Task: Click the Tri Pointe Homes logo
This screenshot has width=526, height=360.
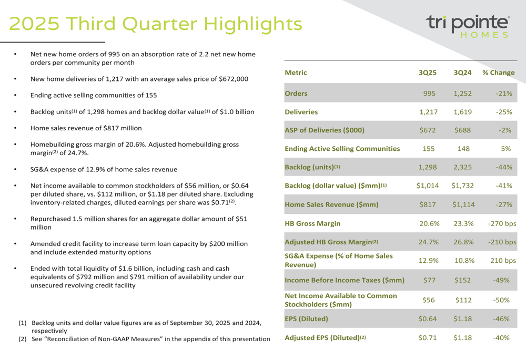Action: pos(468,26)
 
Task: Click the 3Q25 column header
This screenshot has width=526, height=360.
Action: pos(428,73)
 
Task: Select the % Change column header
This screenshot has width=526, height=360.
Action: pos(498,73)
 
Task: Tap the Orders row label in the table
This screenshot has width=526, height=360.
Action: pos(296,94)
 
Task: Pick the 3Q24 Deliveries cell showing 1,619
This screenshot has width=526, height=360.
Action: pos(463,112)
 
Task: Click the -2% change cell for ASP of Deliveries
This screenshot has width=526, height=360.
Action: pos(503,130)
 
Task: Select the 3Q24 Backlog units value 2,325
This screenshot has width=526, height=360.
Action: pos(463,167)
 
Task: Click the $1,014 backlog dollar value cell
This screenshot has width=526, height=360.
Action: pos(428,186)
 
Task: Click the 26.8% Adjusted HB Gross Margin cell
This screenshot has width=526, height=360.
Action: pos(463,242)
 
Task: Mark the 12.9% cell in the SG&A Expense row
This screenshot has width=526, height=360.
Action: pos(429,261)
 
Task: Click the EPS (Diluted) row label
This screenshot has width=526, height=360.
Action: pos(306,318)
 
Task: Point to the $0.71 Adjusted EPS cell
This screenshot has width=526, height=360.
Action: pos(428,337)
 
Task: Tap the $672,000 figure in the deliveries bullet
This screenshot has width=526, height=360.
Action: pos(230,79)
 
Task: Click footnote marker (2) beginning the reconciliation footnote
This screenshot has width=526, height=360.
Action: pos(23,339)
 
